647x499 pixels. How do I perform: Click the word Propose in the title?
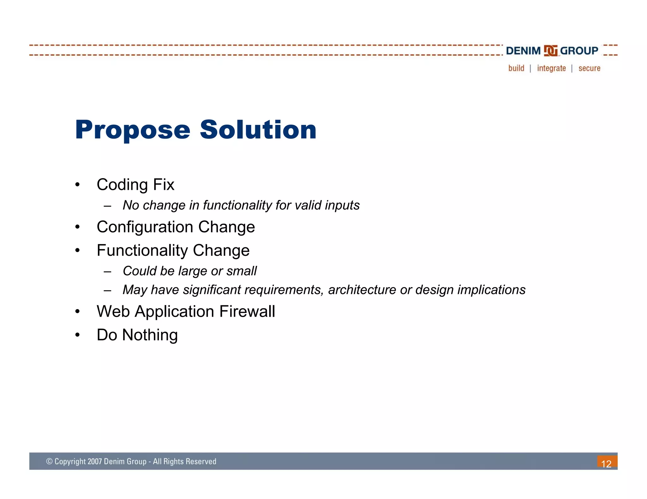coord(133,130)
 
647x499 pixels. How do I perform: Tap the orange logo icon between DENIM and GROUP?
coord(550,51)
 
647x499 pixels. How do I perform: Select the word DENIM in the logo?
coord(523,51)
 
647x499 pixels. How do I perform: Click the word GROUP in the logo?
coord(579,51)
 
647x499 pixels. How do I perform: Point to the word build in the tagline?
coord(516,68)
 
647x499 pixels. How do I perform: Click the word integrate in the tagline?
coord(551,68)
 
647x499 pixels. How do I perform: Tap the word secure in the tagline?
coord(589,68)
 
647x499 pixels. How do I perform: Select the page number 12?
coord(606,464)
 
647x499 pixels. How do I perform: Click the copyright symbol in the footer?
coord(49,461)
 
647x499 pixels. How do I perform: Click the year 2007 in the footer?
coord(94,461)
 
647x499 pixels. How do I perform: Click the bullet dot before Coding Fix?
coord(77,185)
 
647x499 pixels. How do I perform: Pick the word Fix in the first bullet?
coord(163,185)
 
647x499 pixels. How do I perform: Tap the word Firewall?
coord(247,311)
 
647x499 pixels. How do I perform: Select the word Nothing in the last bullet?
coord(150,335)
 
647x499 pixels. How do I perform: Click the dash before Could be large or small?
coord(107,271)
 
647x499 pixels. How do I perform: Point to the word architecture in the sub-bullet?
coord(362,290)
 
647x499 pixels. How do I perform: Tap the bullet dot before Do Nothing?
coord(77,335)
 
